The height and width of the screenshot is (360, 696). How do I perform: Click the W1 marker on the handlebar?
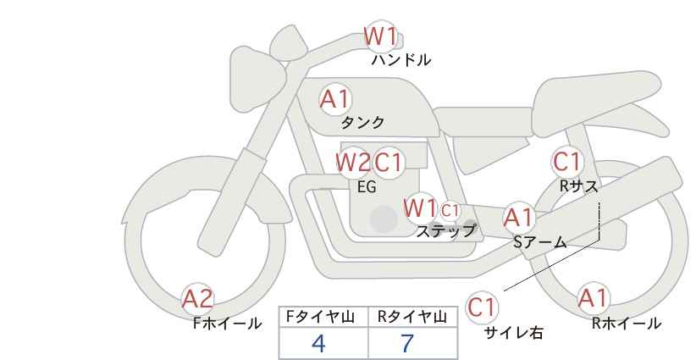point(380,36)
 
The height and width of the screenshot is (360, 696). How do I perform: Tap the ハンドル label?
point(400,59)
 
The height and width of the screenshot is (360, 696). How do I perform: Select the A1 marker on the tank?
point(335,99)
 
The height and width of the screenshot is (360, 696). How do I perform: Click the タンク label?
point(362,122)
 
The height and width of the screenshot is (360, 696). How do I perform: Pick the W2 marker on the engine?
point(353,163)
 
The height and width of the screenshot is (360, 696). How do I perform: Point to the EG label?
point(367,187)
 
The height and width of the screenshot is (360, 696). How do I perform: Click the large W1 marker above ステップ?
point(420,208)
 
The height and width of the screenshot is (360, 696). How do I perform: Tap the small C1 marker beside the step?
point(450,210)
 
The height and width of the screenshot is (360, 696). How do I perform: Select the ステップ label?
point(445,231)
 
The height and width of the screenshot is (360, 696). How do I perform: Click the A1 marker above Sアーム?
point(519,218)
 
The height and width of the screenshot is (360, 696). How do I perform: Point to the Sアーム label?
point(540,242)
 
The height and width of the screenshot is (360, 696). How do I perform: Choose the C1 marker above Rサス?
point(567,162)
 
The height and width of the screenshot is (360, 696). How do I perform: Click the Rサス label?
point(578,186)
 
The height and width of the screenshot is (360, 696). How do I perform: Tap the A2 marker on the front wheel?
point(198,299)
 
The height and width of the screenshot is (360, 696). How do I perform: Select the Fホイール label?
point(227,324)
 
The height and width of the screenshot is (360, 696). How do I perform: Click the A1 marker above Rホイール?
point(593,298)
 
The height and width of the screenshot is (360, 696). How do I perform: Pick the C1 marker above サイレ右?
point(482,307)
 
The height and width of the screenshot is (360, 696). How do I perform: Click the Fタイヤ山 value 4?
point(318,343)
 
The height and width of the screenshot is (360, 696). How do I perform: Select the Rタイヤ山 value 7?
point(407,343)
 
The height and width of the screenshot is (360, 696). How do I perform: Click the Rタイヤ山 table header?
point(412,317)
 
